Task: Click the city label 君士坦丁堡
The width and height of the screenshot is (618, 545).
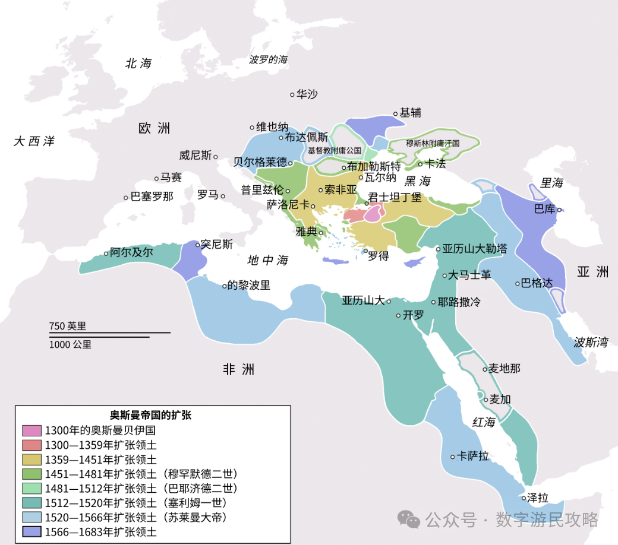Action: click(x=395, y=197)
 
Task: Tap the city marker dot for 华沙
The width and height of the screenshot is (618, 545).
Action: click(x=292, y=94)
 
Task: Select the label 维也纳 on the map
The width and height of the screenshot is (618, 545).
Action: click(x=272, y=126)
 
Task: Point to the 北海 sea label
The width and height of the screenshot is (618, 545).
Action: click(x=138, y=64)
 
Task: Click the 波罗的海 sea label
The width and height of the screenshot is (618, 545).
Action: click(x=269, y=59)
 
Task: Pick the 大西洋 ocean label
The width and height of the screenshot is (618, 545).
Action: click(x=34, y=141)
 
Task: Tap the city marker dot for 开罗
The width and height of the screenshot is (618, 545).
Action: click(x=399, y=316)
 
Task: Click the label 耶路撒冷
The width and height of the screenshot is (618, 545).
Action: click(x=459, y=302)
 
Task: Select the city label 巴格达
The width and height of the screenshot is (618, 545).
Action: click(x=537, y=283)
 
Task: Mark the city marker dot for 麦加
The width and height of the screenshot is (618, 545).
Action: click(x=485, y=400)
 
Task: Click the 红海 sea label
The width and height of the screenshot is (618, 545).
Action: click(x=483, y=423)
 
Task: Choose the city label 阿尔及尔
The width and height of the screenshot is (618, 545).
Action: click(x=131, y=252)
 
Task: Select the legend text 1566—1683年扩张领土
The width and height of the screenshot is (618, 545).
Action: click(x=100, y=532)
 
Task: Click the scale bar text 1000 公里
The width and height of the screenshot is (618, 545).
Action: click(x=70, y=344)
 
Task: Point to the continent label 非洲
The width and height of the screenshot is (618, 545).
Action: click(x=238, y=370)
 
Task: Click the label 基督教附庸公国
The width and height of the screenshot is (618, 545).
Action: click(x=334, y=151)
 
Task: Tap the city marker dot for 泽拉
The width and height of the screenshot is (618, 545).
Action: click(x=524, y=498)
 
